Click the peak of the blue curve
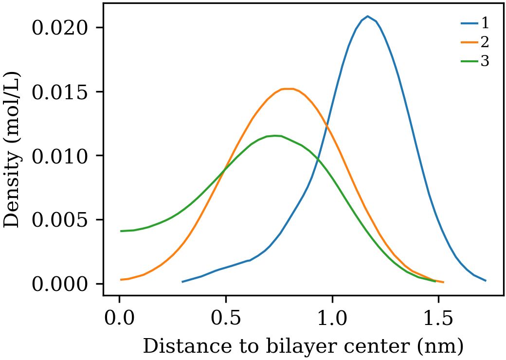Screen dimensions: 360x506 pos(368,17)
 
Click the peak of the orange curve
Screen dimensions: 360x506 pos(289,89)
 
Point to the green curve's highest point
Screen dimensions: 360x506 pos(276,136)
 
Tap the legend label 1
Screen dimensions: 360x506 pos(485,23)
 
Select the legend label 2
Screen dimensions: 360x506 pos(485,42)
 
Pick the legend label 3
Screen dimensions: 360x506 pos(485,62)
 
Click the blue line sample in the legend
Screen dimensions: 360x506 pos(469,23)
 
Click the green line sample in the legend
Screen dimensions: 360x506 pos(469,62)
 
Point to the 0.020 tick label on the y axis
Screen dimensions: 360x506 pos(61,28)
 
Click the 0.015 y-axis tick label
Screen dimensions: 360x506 pos(61,92)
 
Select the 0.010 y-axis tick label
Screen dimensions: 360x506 pos(61,156)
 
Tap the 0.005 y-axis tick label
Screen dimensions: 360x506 pos(61,220)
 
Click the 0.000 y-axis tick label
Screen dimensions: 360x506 pos(61,284)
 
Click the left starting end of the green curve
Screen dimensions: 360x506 pos(121,231)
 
